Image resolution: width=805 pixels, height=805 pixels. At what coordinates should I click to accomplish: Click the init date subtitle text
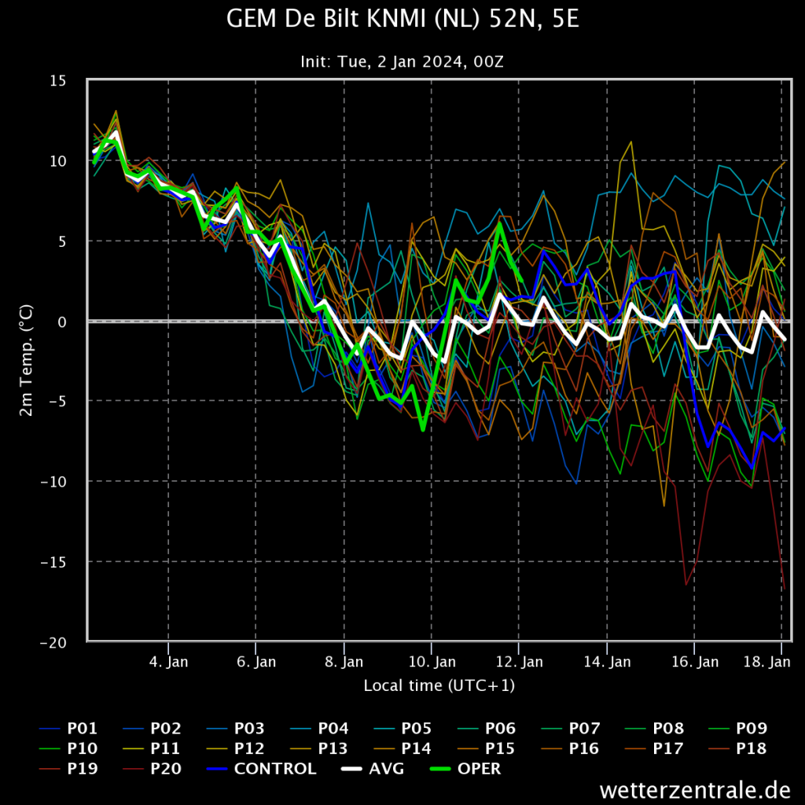402,61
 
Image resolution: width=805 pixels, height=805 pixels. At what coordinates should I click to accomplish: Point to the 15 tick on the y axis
58,81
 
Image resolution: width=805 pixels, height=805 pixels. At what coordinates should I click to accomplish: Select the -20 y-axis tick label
53,643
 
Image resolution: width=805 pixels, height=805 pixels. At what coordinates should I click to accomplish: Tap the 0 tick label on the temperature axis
62,322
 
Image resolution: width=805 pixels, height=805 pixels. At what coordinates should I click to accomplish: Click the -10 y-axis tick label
53,482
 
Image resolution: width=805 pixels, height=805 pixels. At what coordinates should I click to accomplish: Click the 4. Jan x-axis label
168,662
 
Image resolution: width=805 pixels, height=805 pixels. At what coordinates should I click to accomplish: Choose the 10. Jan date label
432,662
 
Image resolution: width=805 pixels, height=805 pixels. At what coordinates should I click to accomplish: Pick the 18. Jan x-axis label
767,662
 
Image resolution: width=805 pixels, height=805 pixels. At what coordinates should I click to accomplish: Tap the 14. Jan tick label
607,662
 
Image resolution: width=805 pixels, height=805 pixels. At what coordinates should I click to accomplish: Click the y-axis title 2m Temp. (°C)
26,360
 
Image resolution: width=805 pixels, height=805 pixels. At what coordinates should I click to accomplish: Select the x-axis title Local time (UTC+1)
439,686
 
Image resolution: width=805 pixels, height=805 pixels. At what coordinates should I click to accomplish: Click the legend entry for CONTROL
262,769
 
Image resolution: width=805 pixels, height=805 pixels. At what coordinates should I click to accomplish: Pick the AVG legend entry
373,769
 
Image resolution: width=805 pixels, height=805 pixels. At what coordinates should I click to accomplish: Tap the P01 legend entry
68,729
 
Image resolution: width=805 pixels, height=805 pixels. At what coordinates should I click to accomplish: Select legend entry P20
153,769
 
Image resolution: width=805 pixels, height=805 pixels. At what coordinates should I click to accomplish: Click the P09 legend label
737,729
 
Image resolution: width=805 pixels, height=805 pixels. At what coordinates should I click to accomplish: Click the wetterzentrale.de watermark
695,789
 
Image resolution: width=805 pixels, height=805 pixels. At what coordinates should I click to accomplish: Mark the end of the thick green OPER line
522,281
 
